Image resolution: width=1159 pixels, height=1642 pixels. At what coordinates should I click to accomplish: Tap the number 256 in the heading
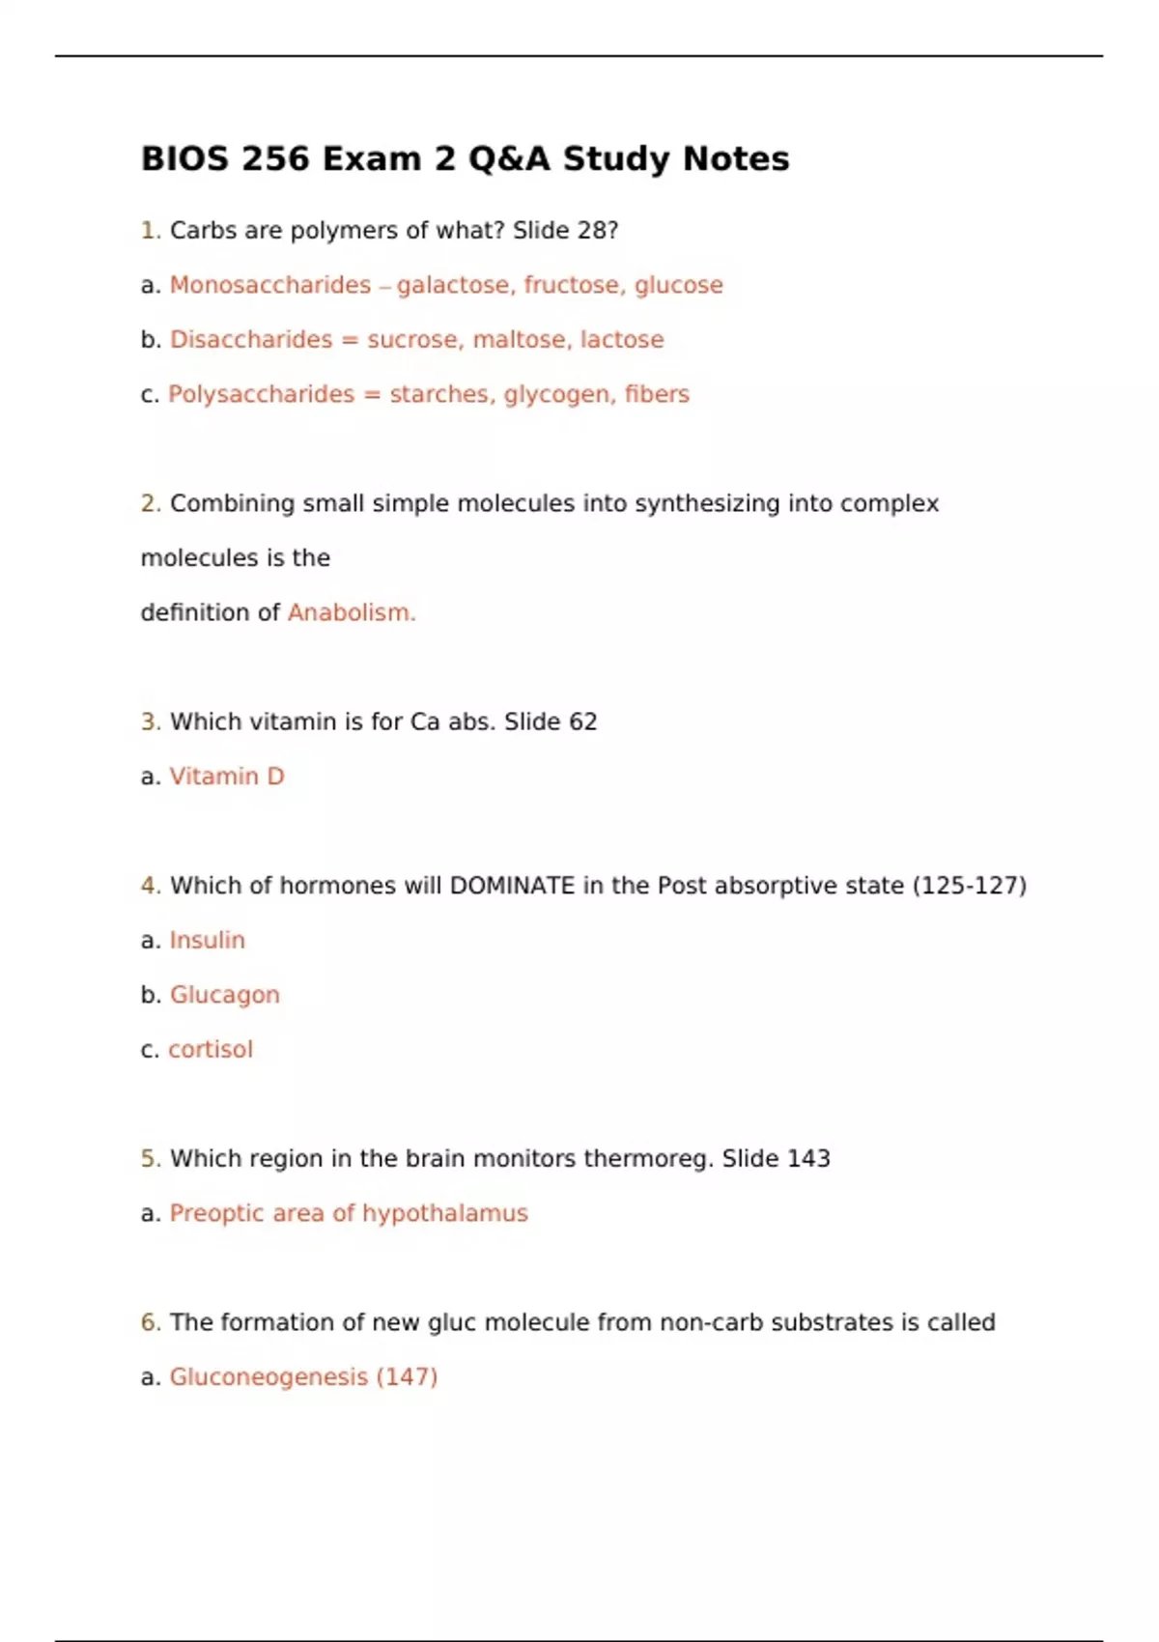pyautogui.click(x=275, y=158)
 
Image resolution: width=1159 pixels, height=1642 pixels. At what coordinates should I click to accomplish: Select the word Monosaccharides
pyautogui.click(x=270, y=285)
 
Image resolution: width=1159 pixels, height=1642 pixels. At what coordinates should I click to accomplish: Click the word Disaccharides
pyautogui.click(x=251, y=340)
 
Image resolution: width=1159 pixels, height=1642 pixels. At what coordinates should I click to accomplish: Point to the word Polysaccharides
pyautogui.click(x=262, y=394)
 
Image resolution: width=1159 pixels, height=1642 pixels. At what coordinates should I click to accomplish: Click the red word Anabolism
pyautogui.click(x=352, y=612)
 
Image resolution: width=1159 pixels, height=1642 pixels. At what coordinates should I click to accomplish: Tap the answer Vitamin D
pyautogui.click(x=227, y=777)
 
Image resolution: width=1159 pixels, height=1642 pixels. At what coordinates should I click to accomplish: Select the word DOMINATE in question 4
pyautogui.click(x=512, y=886)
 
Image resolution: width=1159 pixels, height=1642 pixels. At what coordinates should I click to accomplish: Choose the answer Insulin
pyautogui.click(x=208, y=940)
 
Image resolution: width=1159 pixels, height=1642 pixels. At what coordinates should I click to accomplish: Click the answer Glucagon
pyautogui.click(x=225, y=995)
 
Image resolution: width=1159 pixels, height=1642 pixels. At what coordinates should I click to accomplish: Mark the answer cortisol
pyautogui.click(x=211, y=1049)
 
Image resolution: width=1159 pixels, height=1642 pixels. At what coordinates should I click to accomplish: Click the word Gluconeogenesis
pyautogui.click(x=269, y=1377)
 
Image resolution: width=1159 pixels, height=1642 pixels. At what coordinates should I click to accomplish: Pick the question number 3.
pyautogui.click(x=150, y=722)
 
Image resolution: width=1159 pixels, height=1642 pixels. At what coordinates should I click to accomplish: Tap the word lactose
pyautogui.click(x=622, y=340)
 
